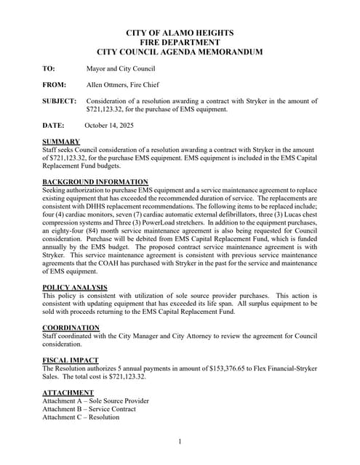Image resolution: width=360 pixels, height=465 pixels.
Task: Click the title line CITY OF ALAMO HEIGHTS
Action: click(180, 33)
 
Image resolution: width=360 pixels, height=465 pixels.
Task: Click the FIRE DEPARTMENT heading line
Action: click(180, 43)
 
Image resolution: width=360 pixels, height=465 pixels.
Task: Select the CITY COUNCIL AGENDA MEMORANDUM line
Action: click(180, 52)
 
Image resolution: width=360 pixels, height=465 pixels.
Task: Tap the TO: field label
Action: click(49, 69)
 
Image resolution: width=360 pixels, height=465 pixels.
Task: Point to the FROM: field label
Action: click(55, 85)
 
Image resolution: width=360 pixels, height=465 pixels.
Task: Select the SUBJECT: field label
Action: click(59, 101)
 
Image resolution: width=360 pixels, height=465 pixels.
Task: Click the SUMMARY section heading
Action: click(61, 142)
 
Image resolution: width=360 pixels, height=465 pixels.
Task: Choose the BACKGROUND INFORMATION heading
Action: click(95, 182)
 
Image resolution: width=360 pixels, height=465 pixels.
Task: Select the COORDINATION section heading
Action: click(71, 328)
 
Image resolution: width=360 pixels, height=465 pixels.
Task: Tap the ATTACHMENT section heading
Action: click(68, 393)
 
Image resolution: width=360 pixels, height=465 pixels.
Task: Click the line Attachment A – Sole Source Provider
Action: click(95, 401)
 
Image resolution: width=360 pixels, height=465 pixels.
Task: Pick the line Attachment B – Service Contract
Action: click(89, 409)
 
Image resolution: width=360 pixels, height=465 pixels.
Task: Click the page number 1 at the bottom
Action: click(180, 442)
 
